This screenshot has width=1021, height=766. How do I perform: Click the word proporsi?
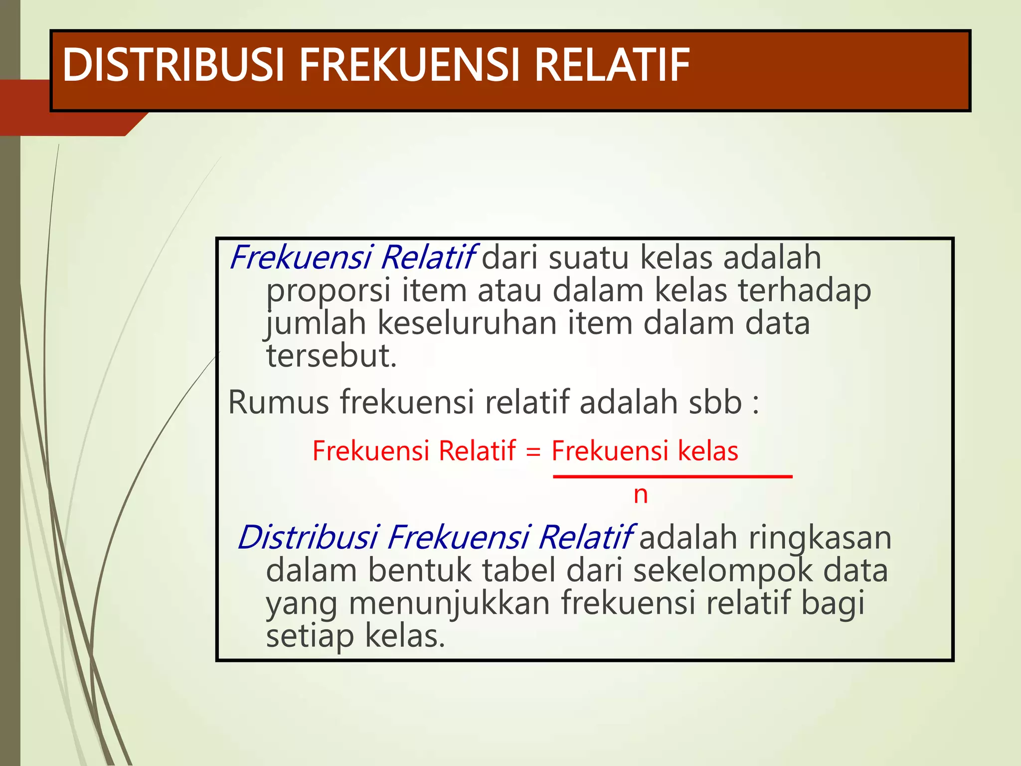[328, 291]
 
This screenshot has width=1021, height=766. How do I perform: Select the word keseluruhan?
[467, 323]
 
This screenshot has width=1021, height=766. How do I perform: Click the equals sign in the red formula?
[533, 452]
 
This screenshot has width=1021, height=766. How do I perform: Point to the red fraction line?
[672, 477]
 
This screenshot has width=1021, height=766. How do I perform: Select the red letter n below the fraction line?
[641, 495]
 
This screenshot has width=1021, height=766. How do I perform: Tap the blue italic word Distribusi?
[308, 538]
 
